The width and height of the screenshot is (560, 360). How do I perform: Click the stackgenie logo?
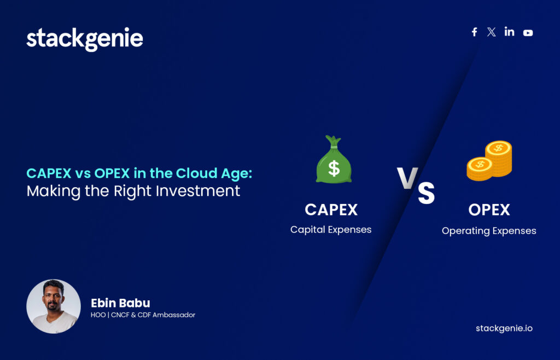[x=85, y=40]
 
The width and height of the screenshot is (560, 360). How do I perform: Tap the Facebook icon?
[x=474, y=32]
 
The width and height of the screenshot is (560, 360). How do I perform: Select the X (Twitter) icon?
[x=491, y=32]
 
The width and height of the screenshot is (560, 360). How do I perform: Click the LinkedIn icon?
[x=509, y=32]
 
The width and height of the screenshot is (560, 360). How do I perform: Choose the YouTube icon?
[x=528, y=33]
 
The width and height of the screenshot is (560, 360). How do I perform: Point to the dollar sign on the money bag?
[x=334, y=168]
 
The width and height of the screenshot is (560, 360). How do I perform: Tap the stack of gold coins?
[x=489, y=160]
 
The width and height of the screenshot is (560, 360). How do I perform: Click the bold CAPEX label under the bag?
[x=331, y=210]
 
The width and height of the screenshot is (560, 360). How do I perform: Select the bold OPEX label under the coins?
[x=489, y=210]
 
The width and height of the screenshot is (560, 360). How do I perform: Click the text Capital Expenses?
[x=331, y=230]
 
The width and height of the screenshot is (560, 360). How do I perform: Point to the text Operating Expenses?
[x=489, y=231]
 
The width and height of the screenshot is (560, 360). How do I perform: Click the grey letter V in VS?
[x=407, y=178]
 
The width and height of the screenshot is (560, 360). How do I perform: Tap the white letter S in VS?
[x=427, y=193]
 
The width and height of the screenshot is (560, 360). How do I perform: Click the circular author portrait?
[x=54, y=306]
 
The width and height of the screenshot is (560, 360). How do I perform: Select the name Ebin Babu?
[x=120, y=303]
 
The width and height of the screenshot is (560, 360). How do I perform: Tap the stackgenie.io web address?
[x=504, y=328]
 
